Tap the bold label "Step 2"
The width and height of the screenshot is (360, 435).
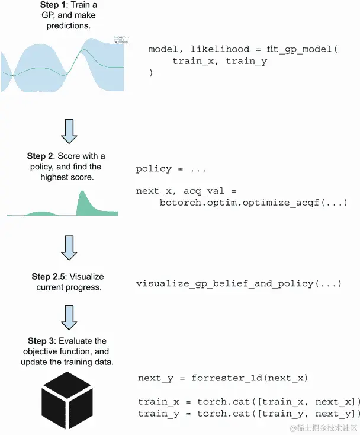click(x=41, y=156)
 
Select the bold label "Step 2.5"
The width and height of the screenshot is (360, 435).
click(x=50, y=277)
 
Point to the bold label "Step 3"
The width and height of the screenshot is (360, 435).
click(x=41, y=341)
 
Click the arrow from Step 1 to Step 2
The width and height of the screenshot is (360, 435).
click(x=69, y=130)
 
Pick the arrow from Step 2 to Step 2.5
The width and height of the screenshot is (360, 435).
click(x=69, y=247)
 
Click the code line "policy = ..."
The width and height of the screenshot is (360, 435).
click(x=171, y=169)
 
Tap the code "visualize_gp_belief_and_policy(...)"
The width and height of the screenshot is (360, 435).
click(x=239, y=283)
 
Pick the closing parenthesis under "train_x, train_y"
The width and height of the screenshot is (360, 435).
click(x=151, y=73)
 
